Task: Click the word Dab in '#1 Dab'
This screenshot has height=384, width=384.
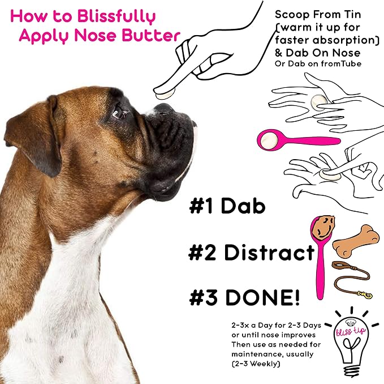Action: (243, 207)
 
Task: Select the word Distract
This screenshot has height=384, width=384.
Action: (269, 253)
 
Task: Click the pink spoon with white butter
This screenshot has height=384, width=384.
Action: (294, 139)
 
